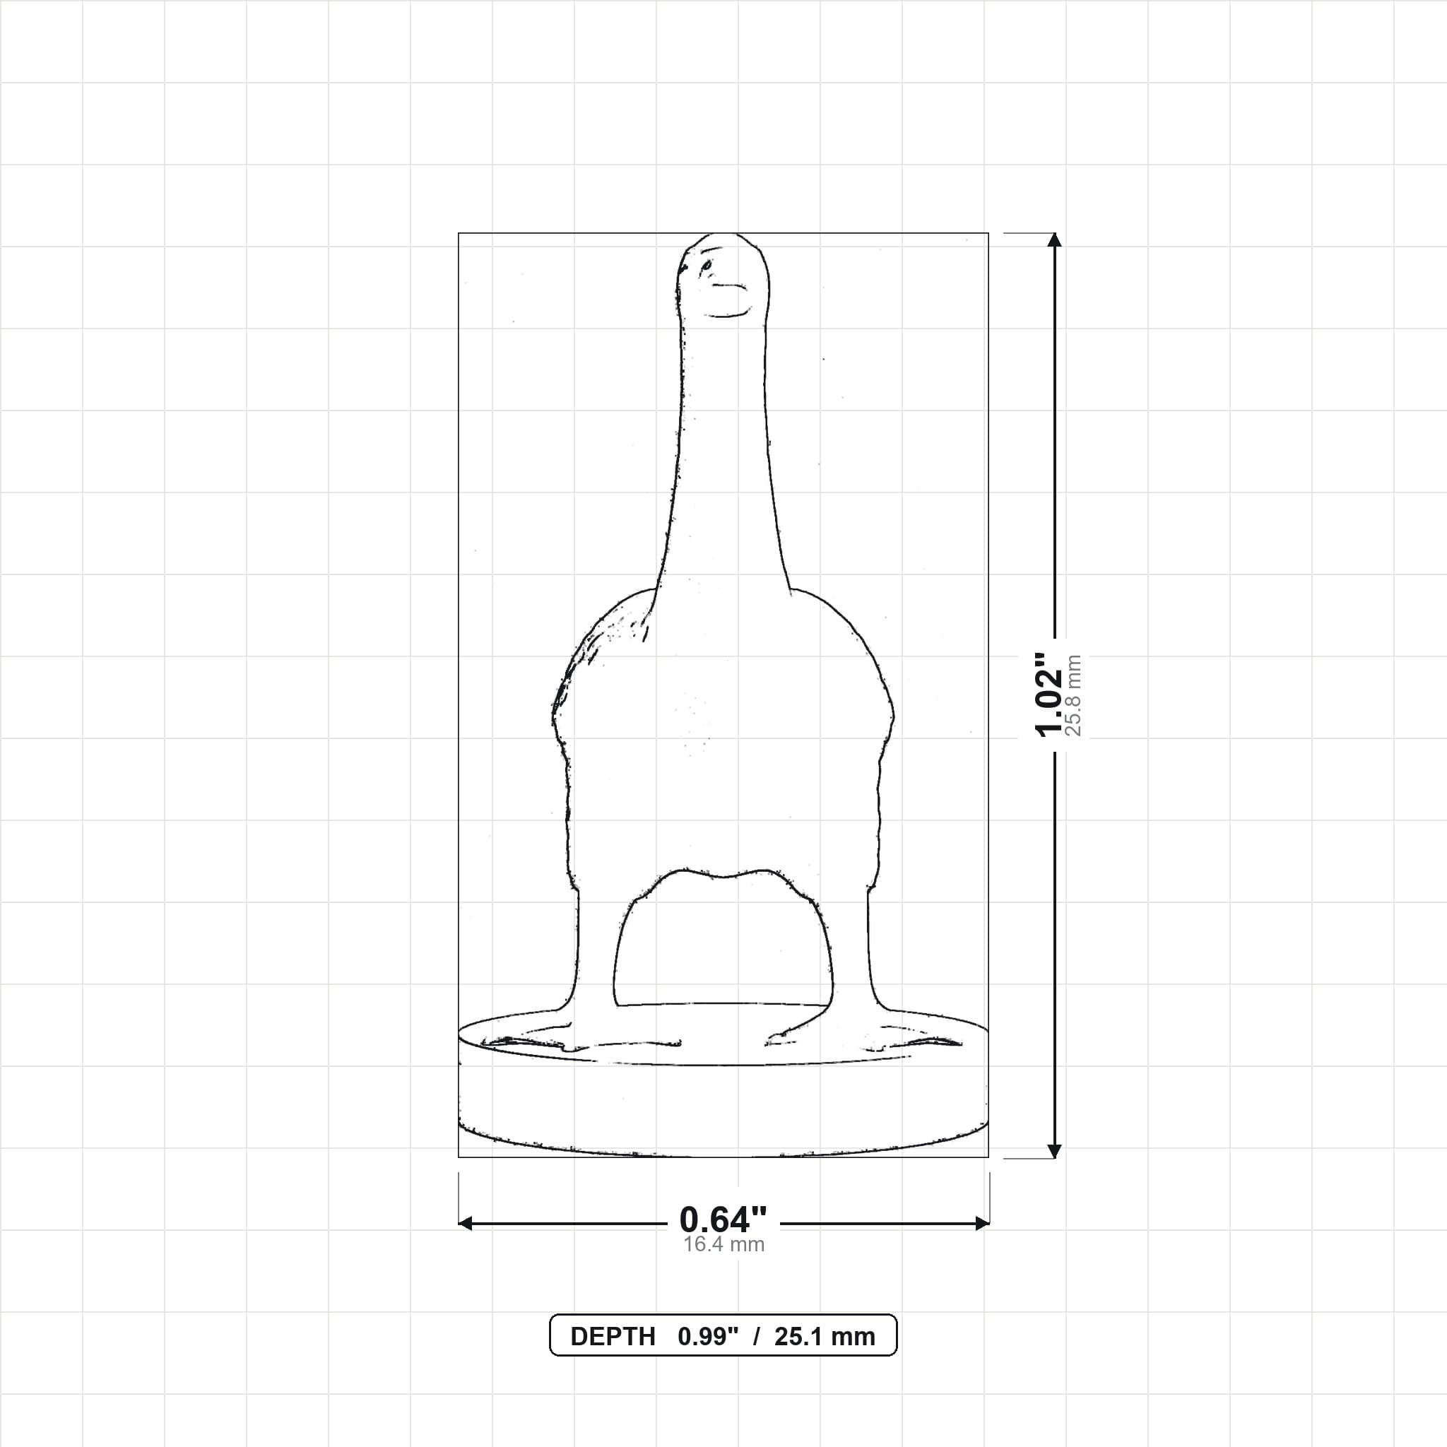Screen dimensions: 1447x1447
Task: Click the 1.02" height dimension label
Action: point(1049,695)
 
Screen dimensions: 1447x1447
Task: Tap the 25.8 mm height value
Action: point(1074,695)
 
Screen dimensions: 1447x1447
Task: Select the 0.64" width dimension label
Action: point(723,1220)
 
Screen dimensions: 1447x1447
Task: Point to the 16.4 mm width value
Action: point(723,1245)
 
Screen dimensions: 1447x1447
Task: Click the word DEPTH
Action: point(613,1337)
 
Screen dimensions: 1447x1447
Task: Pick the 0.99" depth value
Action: point(708,1337)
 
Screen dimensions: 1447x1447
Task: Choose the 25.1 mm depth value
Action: point(825,1337)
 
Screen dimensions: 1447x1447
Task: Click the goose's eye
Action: point(706,265)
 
